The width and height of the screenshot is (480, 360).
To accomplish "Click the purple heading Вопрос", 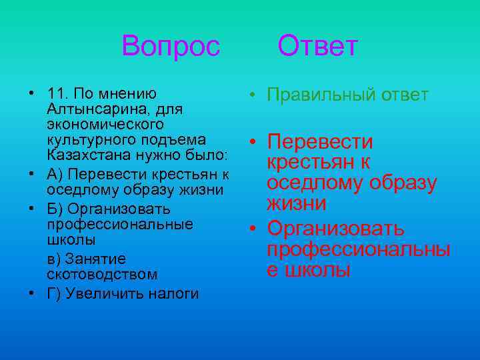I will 171,47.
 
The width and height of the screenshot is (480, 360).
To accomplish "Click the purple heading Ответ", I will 318,47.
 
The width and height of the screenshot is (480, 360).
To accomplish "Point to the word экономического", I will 97,125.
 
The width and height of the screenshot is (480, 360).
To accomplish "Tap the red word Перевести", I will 320,143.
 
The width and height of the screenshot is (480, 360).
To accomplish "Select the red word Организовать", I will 335,229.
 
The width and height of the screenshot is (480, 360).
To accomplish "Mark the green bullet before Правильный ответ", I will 254,95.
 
